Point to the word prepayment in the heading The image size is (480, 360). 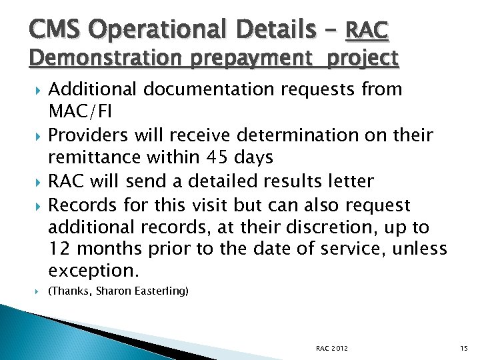pyautogui.click(x=247, y=59)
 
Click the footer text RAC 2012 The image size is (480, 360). pyautogui.click(x=331, y=348)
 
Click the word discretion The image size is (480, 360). pyautogui.click(x=347, y=227)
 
